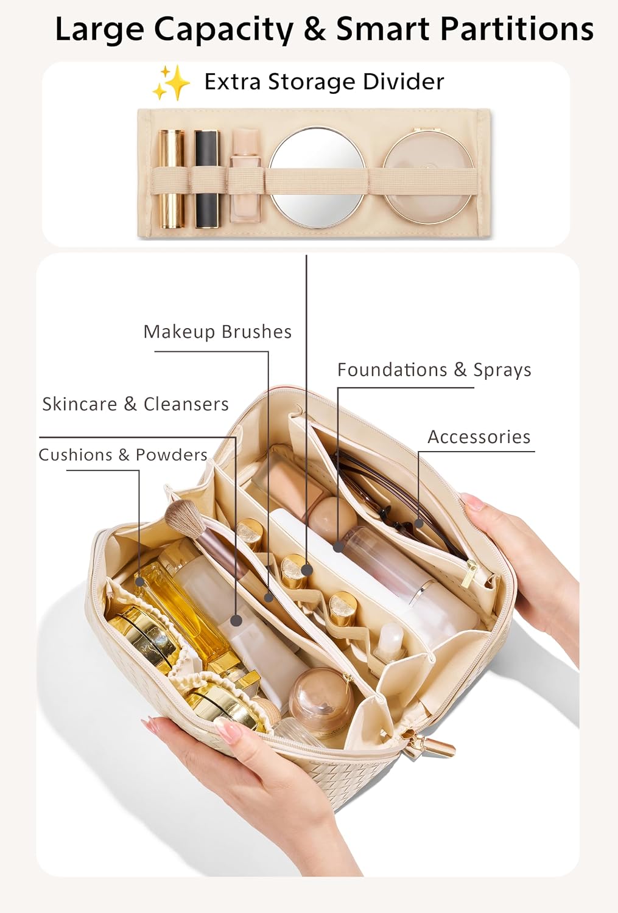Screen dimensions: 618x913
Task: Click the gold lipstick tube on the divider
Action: point(171,179)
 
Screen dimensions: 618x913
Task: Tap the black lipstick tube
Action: point(206,179)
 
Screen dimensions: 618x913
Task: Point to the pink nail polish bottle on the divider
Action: point(245,175)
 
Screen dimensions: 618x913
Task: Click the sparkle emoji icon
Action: point(171,83)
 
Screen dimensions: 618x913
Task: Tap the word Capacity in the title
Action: point(223,29)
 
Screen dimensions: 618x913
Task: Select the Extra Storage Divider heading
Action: point(324,82)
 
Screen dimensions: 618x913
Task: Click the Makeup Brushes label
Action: point(218,332)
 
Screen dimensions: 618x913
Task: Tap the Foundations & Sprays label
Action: point(434,369)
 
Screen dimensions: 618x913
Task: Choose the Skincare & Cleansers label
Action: point(135,404)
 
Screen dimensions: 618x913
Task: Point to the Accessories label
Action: point(479,437)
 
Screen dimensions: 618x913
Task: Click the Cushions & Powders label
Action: point(123,455)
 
